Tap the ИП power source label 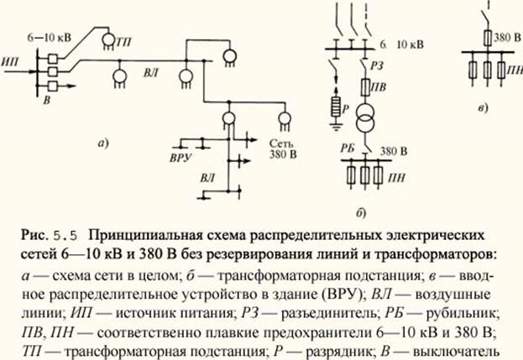tap(12, 64)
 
